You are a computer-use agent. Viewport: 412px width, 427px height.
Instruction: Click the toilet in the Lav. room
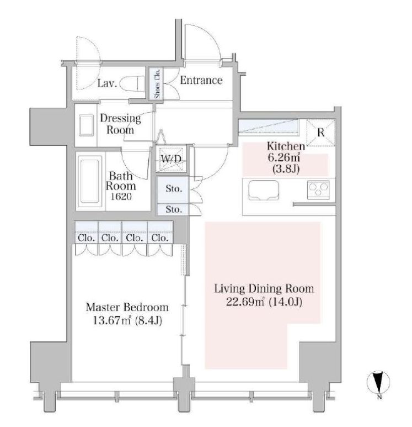pos(132,83)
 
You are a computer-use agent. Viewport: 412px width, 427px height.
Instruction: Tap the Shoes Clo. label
pos(157,83)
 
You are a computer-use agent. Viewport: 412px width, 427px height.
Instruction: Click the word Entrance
pos(201,80)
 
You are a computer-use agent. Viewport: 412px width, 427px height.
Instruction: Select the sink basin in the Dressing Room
pos(87,125)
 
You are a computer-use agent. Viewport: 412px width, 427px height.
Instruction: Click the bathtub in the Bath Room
pos(90,181)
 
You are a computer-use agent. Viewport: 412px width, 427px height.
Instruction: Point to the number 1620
pos(121,196)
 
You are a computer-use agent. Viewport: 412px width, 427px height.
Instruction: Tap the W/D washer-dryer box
pos(172,159)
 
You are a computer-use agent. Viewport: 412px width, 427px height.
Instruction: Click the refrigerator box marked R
pos(321,133)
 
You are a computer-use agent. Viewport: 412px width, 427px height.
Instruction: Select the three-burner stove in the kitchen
pos(318,189)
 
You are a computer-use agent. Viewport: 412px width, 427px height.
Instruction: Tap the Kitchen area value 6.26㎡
pos(284,157)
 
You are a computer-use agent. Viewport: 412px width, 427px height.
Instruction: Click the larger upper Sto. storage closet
pos(173,189)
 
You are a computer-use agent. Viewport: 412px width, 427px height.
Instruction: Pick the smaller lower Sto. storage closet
pos(173,210)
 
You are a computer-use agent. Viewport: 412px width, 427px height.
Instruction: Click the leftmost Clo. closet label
pos(86,238)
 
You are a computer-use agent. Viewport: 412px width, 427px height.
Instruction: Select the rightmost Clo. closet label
pos(159,238)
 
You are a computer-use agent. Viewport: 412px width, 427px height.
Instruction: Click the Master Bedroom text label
pos(127,308)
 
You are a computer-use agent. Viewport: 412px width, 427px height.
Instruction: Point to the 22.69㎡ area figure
pos(245,302)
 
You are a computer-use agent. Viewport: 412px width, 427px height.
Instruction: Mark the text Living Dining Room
pos(264,289)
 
